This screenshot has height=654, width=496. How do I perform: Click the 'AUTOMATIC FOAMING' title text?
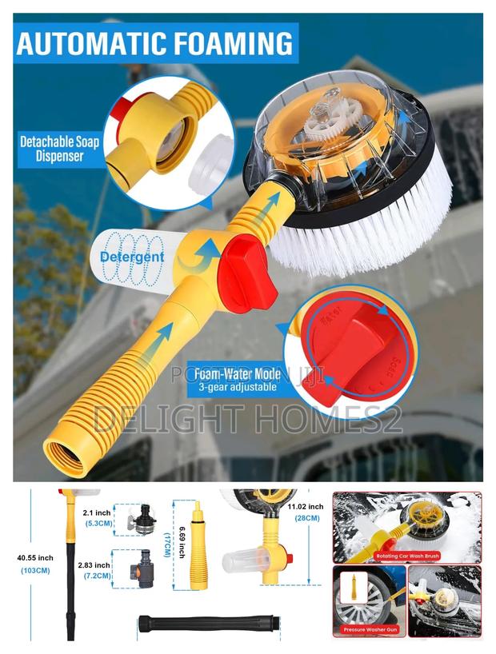pyautogui.click(x=155, y=43)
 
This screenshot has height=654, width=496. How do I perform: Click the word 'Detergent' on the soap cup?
pyautogui.click(x=132, y=257)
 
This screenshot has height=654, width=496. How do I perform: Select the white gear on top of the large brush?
pyautogui.click(x=330, y=123)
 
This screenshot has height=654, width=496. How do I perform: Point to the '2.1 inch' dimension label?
pyautogui.click(x=98, y=512)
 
